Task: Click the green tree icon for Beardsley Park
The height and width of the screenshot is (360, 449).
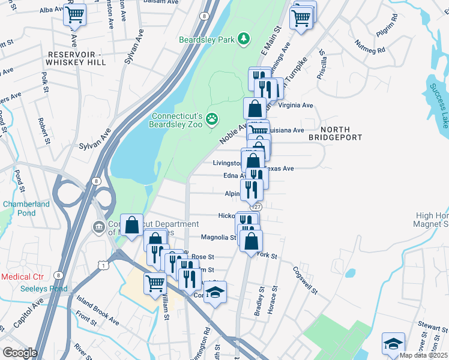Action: coord(243,40)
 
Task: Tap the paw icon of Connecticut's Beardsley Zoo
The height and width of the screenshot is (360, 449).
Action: coord(211,119)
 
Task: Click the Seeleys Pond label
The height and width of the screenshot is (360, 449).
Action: coord(25,289)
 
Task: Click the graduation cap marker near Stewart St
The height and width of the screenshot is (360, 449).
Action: coord(393,344)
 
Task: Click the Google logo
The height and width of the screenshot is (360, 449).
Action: coord(20,353)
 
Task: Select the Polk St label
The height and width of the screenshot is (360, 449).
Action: coord(45,83)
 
